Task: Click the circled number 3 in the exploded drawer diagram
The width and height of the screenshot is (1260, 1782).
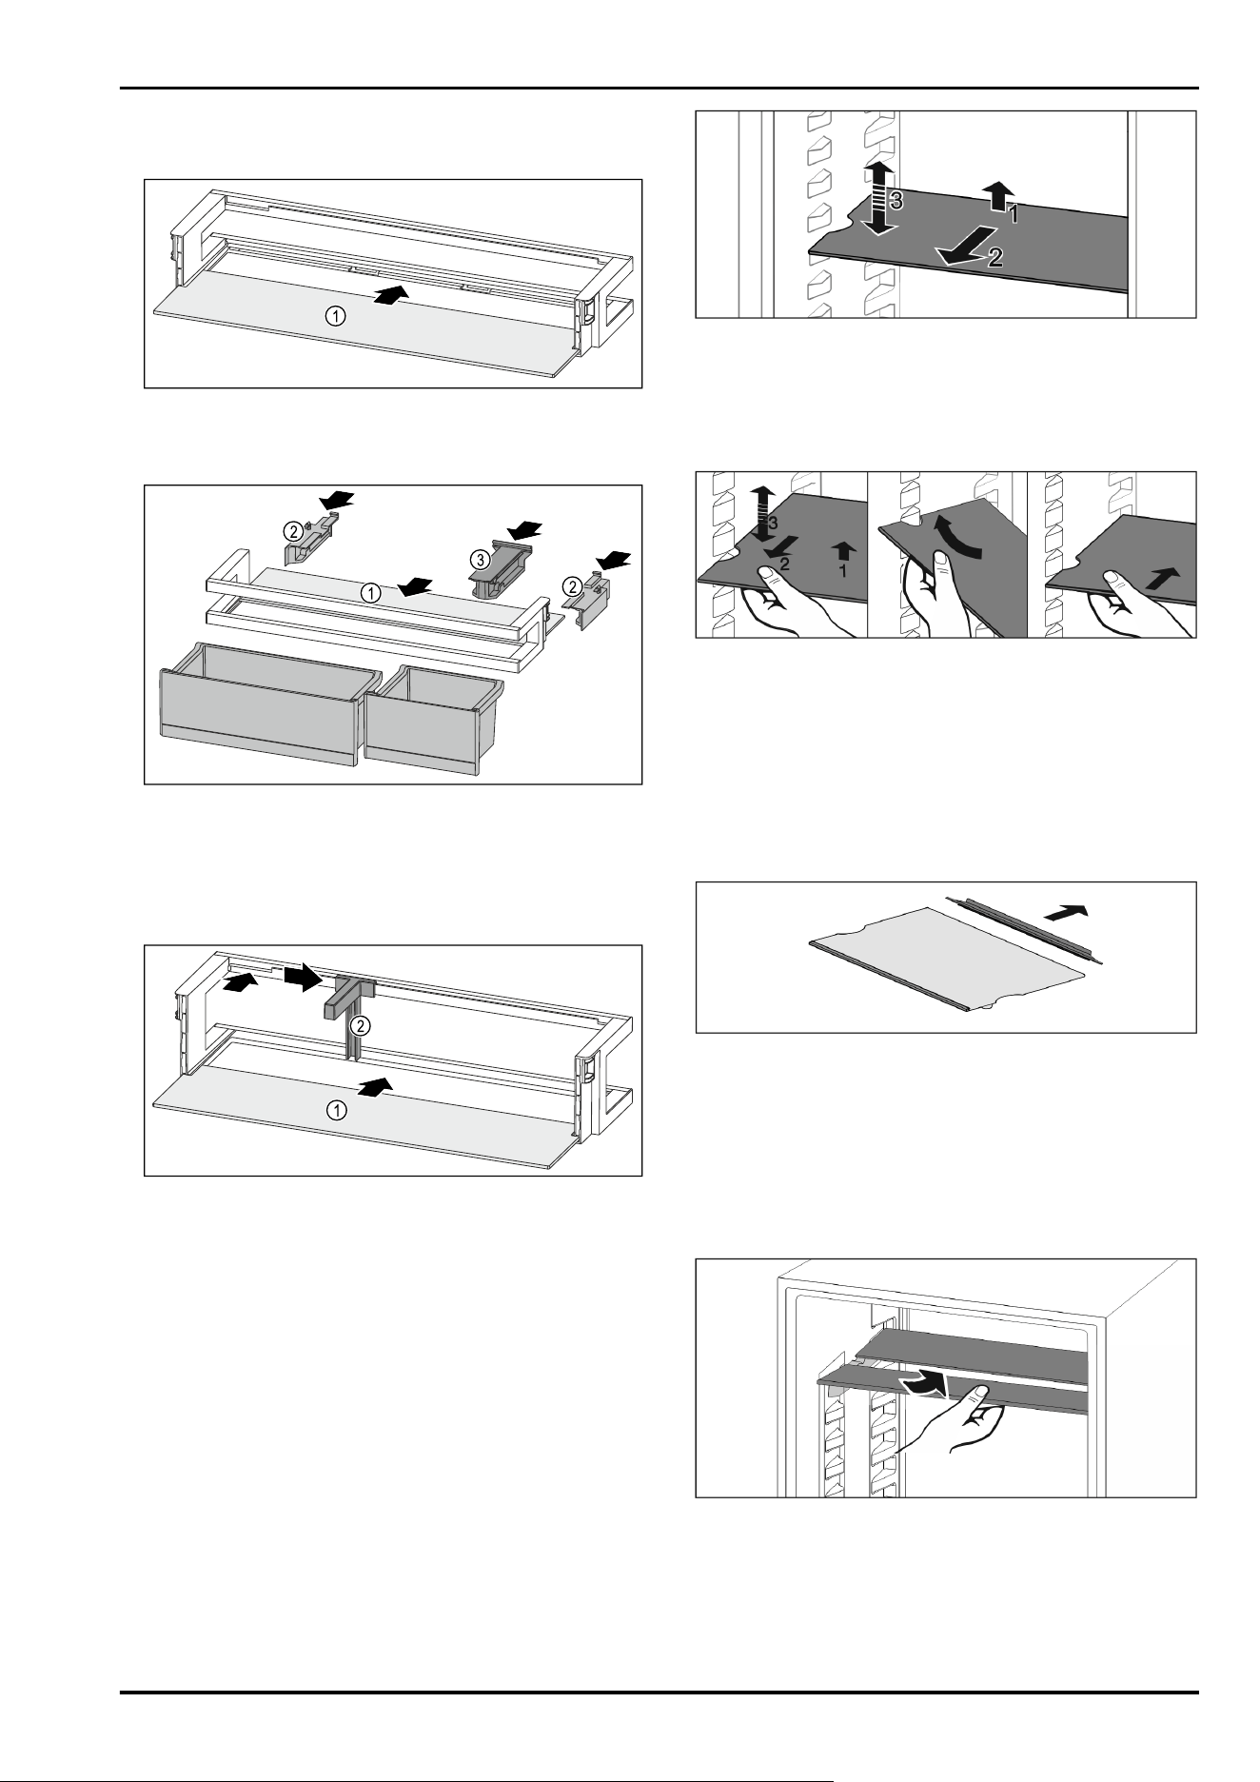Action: [480, 556]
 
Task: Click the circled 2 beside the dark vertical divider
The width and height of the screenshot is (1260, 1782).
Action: [359, 1025]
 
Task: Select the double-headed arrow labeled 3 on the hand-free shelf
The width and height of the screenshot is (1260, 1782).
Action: [879, 198]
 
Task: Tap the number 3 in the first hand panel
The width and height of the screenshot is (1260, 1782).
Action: [773, 524]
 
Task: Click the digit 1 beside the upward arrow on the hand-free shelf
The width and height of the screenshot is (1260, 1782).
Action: [1013, 216]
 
